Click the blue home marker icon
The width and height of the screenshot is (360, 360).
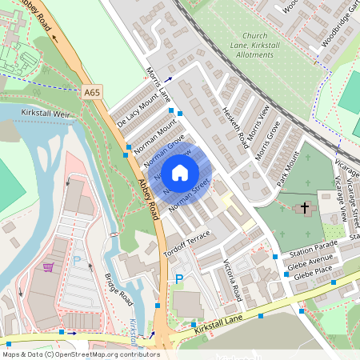[180, 172]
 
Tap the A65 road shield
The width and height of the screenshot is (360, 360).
[93, 93]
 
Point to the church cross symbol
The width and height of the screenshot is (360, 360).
[304, 208]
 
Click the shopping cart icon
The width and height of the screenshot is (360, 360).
[48, 266]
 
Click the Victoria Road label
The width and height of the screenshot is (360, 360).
[231, 281]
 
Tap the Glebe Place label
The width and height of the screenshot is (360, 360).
[313, 274]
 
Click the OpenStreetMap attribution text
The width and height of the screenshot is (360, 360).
[81, 354]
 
